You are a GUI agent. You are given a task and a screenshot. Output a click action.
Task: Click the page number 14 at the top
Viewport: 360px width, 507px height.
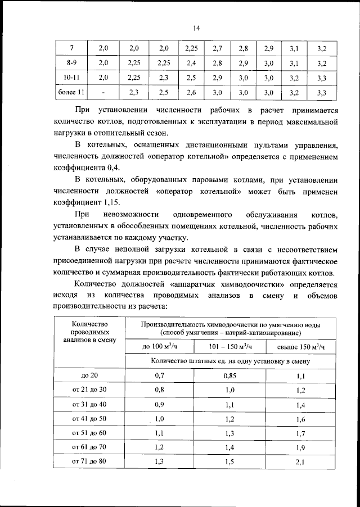(196, 29)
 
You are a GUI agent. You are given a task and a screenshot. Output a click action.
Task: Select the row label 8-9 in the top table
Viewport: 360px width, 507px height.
(71, 63)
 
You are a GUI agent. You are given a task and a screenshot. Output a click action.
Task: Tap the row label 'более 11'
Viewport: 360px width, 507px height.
(71, 92)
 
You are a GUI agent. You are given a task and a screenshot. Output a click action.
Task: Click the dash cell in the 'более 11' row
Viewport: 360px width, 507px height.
(103, 92)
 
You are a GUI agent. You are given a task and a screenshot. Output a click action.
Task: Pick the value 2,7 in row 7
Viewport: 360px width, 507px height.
(218, 49)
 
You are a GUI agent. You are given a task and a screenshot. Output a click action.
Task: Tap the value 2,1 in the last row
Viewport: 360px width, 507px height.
(299, 462)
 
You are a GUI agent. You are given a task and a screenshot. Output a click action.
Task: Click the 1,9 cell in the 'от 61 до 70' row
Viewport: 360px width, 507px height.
(299, 447)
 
